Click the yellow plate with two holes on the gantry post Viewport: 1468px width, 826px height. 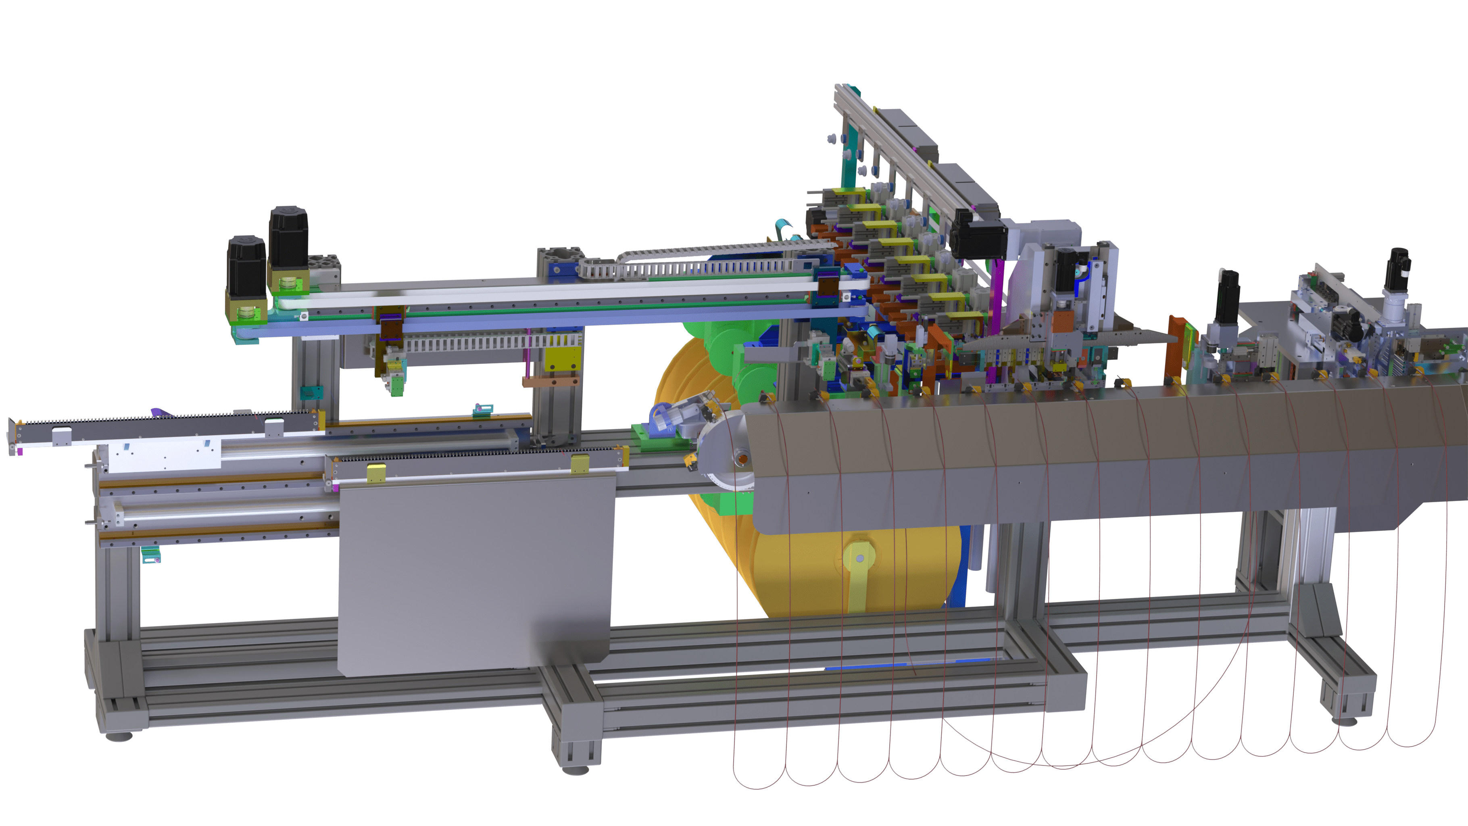pos(562,359)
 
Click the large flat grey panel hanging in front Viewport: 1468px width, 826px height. pos(476,576)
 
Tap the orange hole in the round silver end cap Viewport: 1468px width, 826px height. pos(742,458)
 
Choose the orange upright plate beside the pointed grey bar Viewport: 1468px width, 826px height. pos(1176,348)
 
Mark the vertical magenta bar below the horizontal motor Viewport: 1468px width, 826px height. pos(999,296)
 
